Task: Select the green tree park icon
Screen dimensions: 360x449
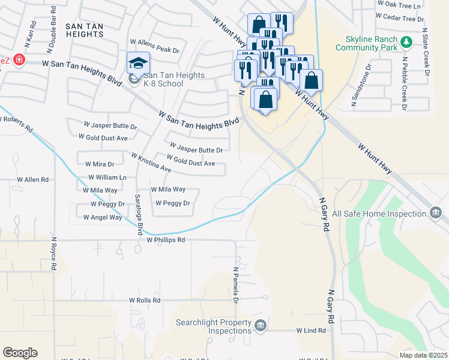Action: (407, 41)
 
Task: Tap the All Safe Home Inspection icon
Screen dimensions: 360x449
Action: (436, 213)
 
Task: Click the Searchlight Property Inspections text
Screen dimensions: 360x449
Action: (213, 326)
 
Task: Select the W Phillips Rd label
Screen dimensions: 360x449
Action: (166, 239)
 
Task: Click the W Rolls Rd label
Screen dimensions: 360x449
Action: (145, 300)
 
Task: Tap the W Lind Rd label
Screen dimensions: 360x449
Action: (311, 331)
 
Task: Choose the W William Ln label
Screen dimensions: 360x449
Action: (107, 178)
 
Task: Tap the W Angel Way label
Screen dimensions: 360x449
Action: (102, 217)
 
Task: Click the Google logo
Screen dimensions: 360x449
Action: (20, 352)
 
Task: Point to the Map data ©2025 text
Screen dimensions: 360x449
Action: (423, 355)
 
